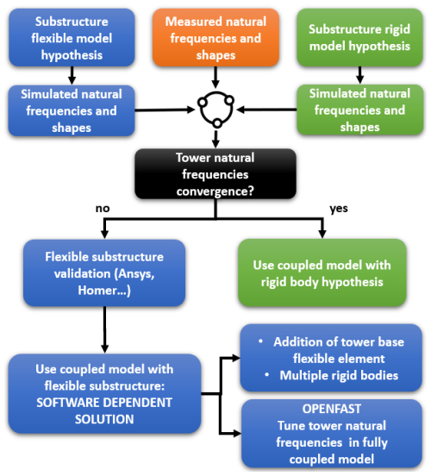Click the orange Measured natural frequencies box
coord(215,37)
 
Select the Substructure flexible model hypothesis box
coord(72,37)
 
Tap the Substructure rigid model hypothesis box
coord(359,37)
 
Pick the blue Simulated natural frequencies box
coord(72,110)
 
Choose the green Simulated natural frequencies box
coord(359,110)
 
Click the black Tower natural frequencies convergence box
coord(215,174)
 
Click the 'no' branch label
coord(103,209)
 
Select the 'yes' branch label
coord(339,209)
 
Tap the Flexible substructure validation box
coord(104,272)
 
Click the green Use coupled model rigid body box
coord(322,272)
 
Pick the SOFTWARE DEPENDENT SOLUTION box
coord(104,394)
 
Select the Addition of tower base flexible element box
coord(331,358)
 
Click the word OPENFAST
coord(332,409)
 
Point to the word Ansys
coord(135,274)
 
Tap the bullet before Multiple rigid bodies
coord(266,375)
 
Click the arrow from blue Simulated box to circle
coord(165,110)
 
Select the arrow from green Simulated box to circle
coord(266,110)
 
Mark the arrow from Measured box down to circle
coord(215,78)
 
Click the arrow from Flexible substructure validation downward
coord(104,330)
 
